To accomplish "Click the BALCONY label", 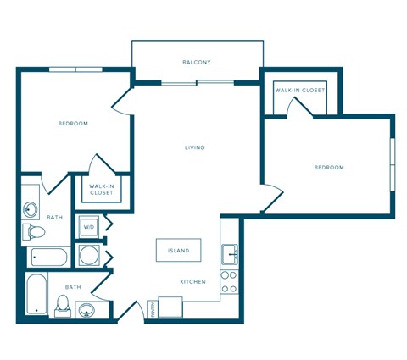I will point(197,62).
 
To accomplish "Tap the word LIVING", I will point(195,147).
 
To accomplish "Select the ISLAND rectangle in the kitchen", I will point(179,252).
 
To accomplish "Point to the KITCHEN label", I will point(192,281).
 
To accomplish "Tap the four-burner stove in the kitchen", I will point(229,282).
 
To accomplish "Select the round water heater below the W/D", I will point(88,254).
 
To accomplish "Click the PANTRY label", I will point(150,310).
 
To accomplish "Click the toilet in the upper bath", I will point(35,231).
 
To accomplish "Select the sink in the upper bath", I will point(31,207).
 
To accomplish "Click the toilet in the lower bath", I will point(63,304).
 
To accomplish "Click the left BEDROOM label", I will point(73,124).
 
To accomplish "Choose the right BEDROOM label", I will point(329,168).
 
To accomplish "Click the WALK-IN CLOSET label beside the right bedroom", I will point(299,90).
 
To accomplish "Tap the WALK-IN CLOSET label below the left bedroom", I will point(102,189).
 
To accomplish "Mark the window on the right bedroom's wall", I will point(392,161).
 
